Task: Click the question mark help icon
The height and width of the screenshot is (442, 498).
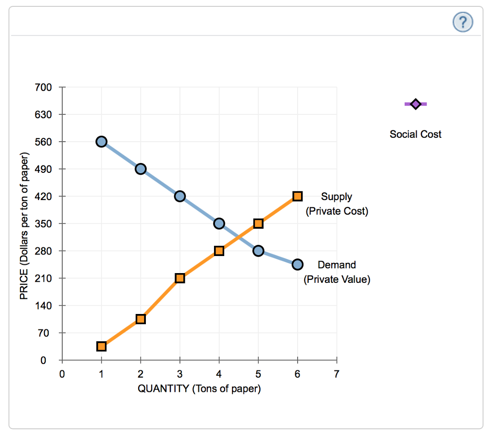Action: tap(462, 22)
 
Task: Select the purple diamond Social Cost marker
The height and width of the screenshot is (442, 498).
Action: tap(415, 104)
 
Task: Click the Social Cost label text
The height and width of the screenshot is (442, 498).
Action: tap(415, 134)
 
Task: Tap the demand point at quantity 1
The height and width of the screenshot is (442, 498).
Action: tap(101, 142)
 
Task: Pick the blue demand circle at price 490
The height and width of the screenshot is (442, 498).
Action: tap(141, 169)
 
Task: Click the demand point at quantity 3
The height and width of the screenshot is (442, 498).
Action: tap(180, 196)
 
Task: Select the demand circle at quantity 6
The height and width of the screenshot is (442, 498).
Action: tap(298, 264)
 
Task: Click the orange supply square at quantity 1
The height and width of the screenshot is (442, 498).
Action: tap(101, 346)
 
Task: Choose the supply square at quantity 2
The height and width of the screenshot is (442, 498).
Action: tap(141, 319)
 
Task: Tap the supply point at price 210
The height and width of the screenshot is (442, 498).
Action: tap(180, 278)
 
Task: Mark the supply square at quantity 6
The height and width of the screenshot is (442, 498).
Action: tap(298, 196)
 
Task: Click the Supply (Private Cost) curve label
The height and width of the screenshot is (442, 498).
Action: tap(337, 204)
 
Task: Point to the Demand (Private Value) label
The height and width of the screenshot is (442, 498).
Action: tap(337, 272)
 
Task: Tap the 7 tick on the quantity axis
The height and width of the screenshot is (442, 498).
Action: tap(337, 374)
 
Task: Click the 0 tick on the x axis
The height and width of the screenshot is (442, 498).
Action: tap(62, 374)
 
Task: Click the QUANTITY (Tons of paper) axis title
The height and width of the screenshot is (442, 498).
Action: tap(199, 389)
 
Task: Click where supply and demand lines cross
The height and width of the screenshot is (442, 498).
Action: tap(238, 237)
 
